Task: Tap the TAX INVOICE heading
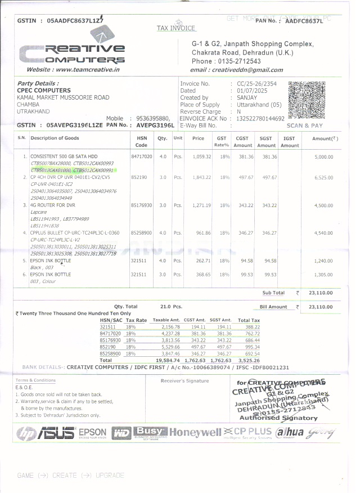(x=176, y=28)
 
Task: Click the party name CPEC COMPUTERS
(x=44, y=90)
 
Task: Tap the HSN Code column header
(x=142, y=141)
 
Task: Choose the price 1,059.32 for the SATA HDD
(x=201, y=156)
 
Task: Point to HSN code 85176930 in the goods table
(x=142, y=205)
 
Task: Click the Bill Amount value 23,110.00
(x=321, y=307)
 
